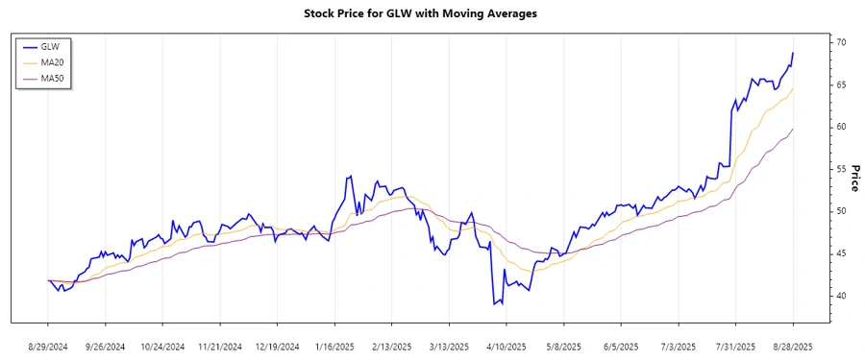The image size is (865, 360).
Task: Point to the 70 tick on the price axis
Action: coord(841,43)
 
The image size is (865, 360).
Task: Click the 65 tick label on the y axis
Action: coord(841,85)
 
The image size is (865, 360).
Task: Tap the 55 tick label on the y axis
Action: coord(841,169)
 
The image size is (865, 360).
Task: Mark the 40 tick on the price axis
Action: coord(841,296)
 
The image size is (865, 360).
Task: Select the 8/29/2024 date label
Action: coord(48,346)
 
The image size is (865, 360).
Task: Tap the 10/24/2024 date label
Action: coord(162,346)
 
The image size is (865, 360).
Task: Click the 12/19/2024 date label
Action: coord(277,346)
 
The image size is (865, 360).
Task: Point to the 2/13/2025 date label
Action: coord(391,346)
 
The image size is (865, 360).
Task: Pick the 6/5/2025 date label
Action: coord(621,346)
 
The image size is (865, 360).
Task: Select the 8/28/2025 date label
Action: coord(793,346)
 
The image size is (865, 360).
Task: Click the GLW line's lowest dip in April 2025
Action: coord(494,304)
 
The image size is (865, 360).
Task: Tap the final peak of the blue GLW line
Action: coord(793,53)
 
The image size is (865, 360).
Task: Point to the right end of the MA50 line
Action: coord(793,129)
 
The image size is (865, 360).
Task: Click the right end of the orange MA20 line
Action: coord(793,89)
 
